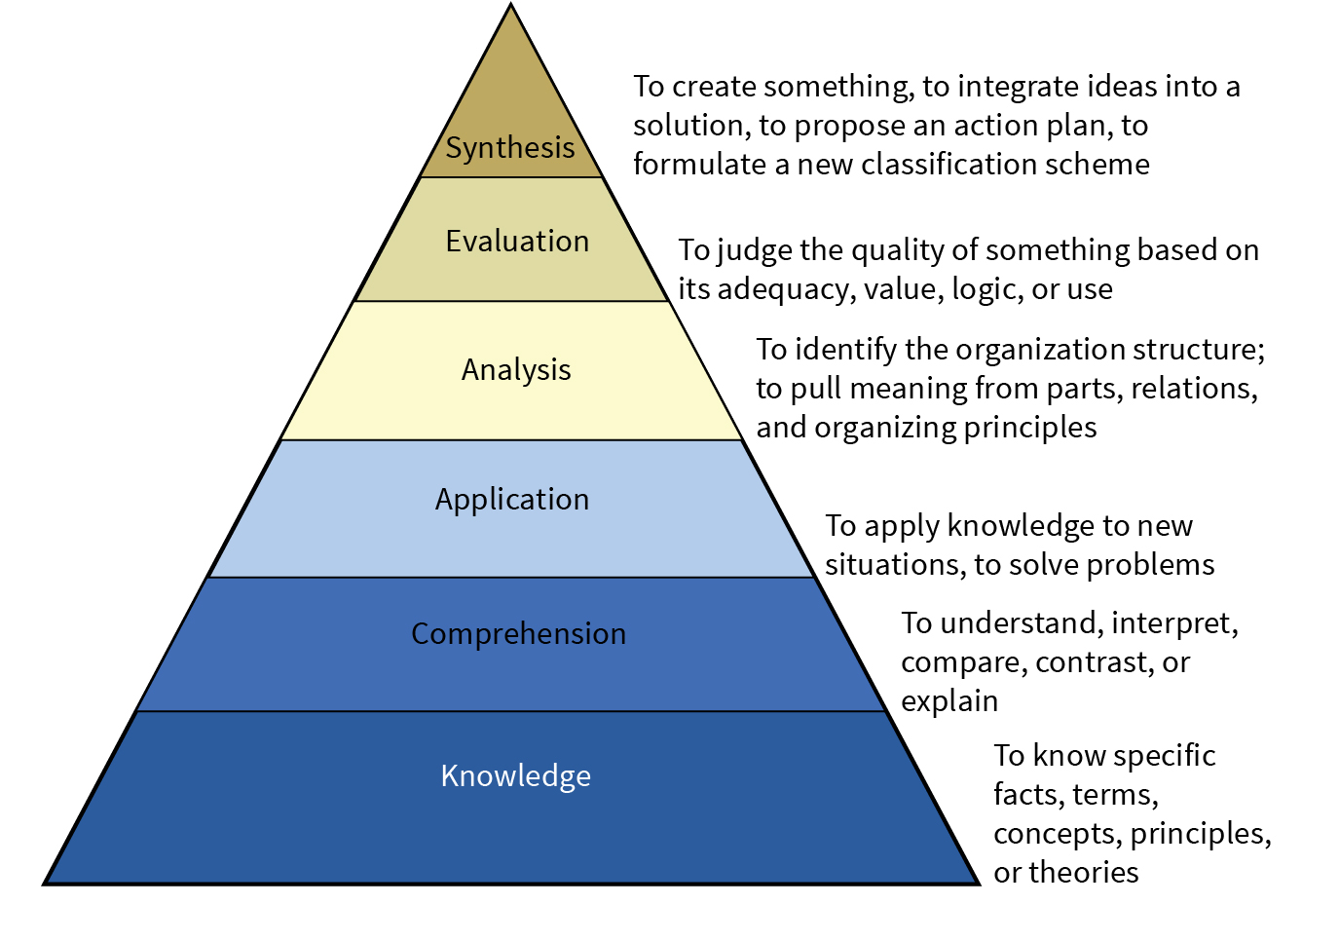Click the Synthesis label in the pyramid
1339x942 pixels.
tap(510, 148)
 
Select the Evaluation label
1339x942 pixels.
tap(517, 241)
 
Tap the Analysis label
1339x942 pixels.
tap(516, 370)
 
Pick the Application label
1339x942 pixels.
tap(512, 500)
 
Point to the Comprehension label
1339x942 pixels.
tap(518, 634)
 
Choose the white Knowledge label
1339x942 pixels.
tap(515, 775)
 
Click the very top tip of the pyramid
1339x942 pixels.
tap(511, 7)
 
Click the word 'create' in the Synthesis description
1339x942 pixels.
tap(715, 87)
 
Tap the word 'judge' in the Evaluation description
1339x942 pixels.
tap(754, 251)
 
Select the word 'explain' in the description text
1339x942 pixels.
tap(948, 701)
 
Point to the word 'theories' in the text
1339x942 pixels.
tap(1083, 873)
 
